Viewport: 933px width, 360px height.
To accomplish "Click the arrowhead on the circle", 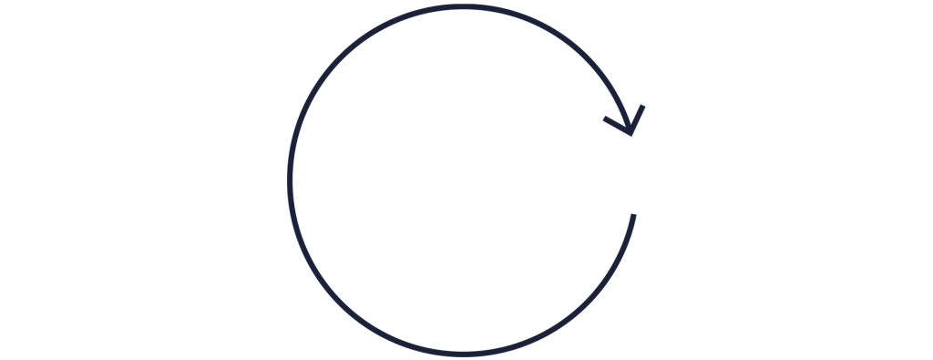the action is tap(632, 126).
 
